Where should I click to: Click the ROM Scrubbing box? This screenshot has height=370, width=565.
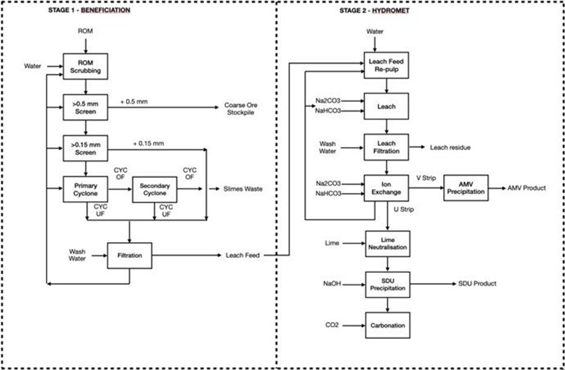click(85, 66)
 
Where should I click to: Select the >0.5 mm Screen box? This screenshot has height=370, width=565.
click(85, 107)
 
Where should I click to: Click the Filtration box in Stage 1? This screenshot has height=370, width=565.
click(130, 255)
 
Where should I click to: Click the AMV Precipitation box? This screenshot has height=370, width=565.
click(466, 188)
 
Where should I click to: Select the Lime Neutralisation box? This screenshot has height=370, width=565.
click(387, 244)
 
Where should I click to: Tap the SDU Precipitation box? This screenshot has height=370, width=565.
click(387, 284)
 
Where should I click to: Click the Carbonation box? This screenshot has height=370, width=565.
click(387, 326)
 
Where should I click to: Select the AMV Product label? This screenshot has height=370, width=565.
click(526, 188)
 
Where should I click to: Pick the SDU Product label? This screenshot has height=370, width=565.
click(477, 284)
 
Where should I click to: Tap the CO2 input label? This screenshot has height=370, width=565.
click(333, 326)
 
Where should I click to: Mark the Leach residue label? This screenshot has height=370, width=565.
click(450, 148)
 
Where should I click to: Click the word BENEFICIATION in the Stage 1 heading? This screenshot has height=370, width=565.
click(105, 10)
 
